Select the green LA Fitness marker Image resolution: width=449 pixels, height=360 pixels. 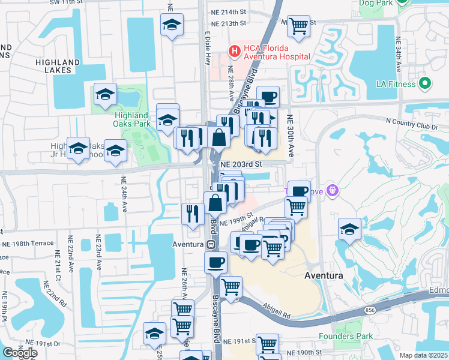426,84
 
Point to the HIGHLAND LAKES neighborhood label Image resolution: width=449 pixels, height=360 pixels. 58,66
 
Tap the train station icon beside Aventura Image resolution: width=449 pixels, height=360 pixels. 211,245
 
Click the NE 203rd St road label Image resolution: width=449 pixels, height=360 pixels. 242,164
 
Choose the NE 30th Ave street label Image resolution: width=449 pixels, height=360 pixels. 290,136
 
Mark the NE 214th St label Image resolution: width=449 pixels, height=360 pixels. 229,12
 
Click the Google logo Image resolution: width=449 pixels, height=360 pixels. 20,353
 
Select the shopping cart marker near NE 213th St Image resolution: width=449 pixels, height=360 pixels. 298,26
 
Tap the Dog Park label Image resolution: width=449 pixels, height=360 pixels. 375,3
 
